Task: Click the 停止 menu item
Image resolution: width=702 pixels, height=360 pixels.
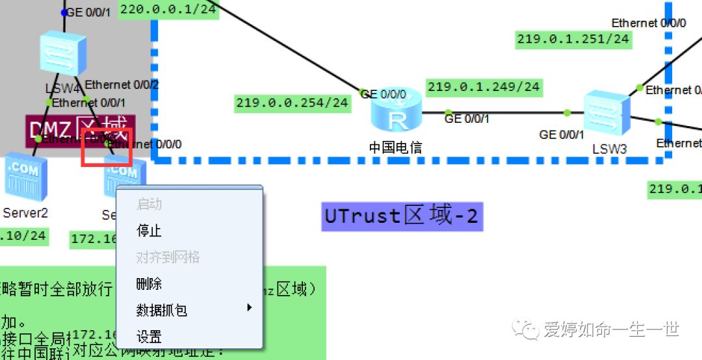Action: coord(149,231)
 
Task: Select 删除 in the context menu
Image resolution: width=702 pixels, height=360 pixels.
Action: coord(149,284)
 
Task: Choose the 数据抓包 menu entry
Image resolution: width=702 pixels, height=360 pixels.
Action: coord(162,310)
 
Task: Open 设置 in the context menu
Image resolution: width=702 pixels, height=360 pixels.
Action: coord(149,337)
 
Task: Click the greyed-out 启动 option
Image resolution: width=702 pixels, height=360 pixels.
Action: coord(149,204)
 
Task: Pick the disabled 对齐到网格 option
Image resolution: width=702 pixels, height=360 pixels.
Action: coord(168,257)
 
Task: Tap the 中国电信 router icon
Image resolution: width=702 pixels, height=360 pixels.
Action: coord(396,112)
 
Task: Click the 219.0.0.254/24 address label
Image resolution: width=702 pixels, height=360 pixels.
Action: coord(292,103)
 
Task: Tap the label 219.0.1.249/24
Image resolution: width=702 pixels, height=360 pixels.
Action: coord(484,86)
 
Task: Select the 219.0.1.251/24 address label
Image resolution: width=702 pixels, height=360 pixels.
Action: coord(573,39)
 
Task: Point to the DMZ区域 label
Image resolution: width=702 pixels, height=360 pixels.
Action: coord(81,129)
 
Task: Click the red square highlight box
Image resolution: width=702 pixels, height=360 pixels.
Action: coord(107,148)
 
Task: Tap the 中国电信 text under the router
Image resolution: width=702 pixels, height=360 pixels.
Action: coord(395,148)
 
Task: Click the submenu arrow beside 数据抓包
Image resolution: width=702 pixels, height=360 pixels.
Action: coord(250,307)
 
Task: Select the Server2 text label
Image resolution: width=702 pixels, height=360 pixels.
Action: coord(25,212)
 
